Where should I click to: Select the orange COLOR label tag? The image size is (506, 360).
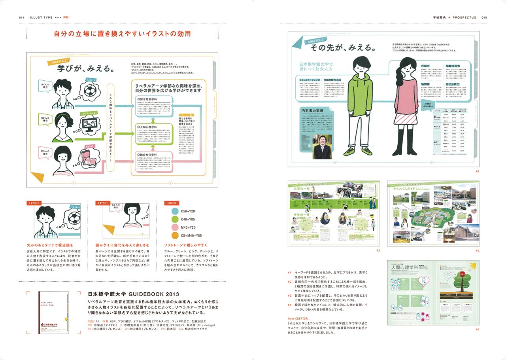[172, 203]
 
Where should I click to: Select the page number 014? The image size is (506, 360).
[22, 18]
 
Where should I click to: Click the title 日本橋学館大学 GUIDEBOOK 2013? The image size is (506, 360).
[130, 294]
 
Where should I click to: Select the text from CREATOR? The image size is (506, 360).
[300, 318]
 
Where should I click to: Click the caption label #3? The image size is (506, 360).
[477, 250]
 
